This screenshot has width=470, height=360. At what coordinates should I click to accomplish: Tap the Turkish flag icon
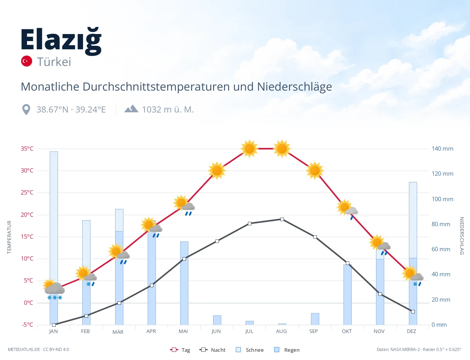26,61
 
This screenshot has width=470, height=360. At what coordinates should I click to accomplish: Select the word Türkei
54,62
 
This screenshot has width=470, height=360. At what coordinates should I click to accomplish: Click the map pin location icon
26,110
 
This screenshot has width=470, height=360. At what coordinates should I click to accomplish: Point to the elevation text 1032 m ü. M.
168,110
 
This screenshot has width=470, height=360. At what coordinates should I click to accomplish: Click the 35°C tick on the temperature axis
27,149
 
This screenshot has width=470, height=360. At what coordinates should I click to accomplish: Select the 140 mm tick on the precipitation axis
442,149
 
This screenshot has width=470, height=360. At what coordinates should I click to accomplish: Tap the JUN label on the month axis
216,331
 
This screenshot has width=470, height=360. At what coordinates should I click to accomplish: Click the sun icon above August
282,149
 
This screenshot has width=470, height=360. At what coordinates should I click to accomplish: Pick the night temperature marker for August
282,220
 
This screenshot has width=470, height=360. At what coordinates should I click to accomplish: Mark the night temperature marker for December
413,311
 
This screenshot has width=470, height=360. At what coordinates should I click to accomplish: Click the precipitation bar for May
184,283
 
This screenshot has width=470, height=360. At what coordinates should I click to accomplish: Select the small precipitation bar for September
315,319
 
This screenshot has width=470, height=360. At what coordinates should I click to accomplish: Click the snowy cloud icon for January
54,290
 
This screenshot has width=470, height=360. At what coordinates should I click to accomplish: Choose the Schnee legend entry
250,350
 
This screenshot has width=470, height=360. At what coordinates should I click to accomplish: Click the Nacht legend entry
213,350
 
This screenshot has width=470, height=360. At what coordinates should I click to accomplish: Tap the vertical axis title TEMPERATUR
9,237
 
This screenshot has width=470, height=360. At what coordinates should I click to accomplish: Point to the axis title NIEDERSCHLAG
461,236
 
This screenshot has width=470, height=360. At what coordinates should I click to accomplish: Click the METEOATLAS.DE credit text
24,349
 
